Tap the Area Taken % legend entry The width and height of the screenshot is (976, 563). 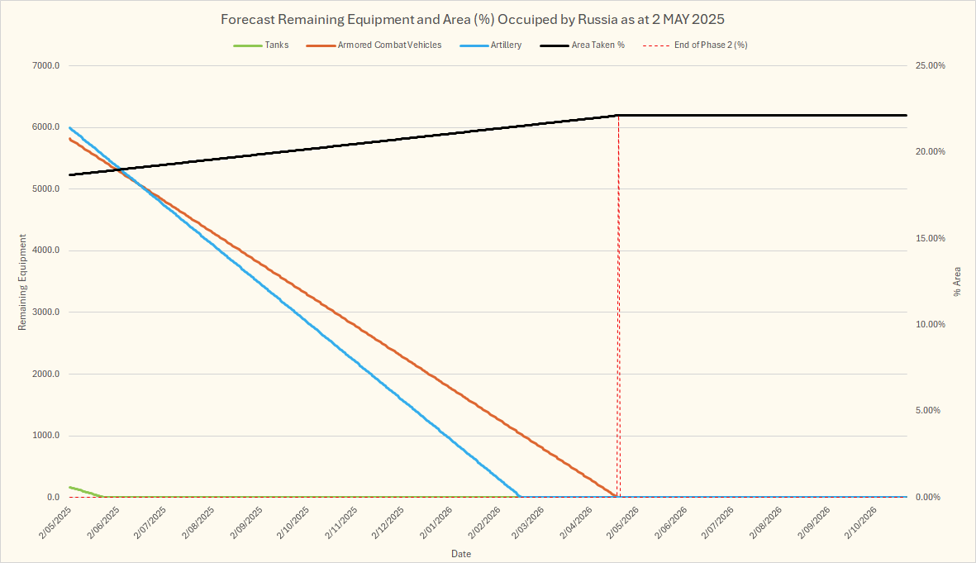tap(598, 45)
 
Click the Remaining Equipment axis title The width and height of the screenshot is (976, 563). tap(23, 282)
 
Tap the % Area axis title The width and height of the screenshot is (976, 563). tap(958, 282)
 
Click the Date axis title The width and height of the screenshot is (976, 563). tap(461, 553)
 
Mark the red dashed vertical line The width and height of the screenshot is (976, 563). tap(618, 331)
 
